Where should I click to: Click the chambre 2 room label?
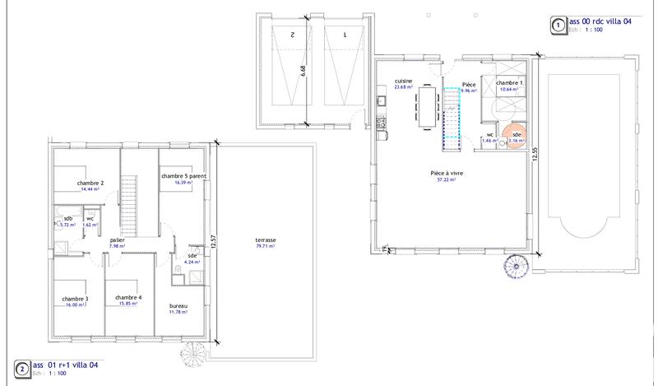90,183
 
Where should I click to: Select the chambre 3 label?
75,298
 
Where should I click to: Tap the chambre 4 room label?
129,297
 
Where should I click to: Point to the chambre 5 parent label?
183,176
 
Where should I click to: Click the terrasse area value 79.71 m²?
266,245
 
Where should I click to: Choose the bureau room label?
179,305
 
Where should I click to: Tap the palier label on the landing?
118,240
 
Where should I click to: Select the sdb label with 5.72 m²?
68,218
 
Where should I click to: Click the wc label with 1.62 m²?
90,218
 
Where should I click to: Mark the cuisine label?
403,81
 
